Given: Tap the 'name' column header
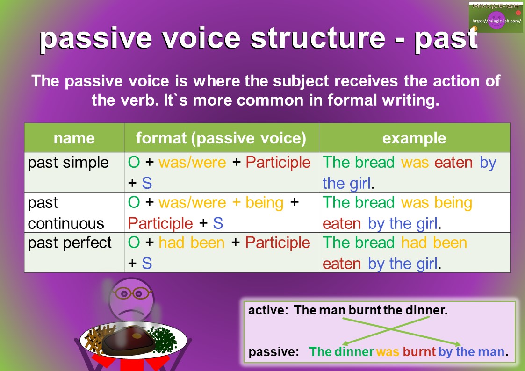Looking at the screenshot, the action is (74, 138).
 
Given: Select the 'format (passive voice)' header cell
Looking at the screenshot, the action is (221, 138).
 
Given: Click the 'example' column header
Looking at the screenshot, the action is (414, 138).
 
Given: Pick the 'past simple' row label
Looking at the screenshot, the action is (68, 163).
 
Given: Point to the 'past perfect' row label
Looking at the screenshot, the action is (70, 243).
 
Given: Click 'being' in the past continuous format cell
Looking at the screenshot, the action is (265, 203).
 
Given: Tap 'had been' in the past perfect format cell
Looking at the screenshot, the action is (192, 243).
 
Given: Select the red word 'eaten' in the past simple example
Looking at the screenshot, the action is (453, 163).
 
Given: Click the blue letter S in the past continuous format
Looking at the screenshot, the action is (218, 223).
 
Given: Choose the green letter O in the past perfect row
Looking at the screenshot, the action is (134, 243).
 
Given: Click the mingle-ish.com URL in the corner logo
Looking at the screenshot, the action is (496, 21).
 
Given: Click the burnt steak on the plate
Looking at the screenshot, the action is (128, 339).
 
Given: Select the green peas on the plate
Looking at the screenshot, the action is (163, 339).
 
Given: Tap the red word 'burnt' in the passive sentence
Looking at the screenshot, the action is (419, 351).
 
